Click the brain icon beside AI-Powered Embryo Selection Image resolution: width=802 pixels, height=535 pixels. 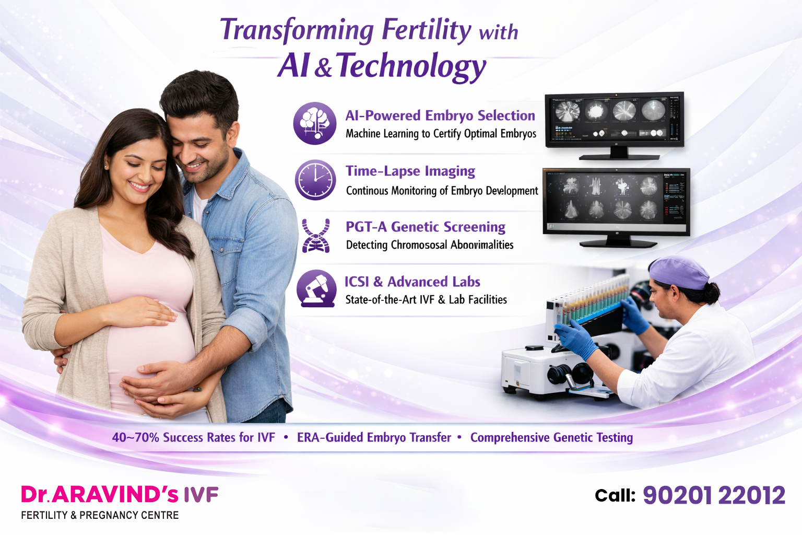(315, 123)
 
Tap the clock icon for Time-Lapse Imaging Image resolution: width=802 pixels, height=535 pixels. (315, 180)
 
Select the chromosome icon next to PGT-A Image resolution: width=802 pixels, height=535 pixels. (316, 236)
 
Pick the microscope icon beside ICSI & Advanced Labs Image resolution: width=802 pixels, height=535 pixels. (316, 288)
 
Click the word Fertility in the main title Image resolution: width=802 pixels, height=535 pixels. (426, 30)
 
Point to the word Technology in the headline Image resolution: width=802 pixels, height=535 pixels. (411, 66)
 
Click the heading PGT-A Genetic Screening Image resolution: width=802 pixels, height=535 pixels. (425, 227)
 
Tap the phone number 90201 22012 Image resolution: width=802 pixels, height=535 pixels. (713, 495)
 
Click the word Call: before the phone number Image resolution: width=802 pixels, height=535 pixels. (615, 495)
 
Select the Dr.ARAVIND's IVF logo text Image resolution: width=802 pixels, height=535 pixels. (120, 494)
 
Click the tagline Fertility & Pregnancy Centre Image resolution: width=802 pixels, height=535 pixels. (100, 515)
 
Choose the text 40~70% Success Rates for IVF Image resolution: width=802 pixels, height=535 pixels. (193, 437)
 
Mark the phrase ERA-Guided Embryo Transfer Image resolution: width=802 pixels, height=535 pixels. (374, 437)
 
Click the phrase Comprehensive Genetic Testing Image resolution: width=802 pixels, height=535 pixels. (551, 437)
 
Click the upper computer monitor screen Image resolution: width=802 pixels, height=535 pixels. (614, 120)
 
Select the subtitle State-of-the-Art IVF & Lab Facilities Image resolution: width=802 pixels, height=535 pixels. (426, 299)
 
